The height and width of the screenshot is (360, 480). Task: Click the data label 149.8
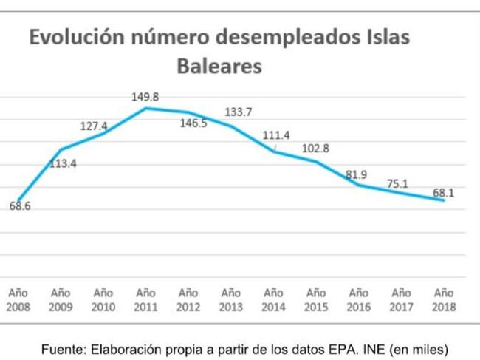(x=146, y=96)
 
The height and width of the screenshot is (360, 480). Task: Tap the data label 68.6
(x=20, y=206)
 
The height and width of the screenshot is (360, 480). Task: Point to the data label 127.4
(x=94, y=126)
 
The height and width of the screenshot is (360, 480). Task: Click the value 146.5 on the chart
(x=193, y=123)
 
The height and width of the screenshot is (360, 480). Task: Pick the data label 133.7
(x=238, y=112)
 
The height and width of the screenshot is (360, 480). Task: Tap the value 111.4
(x=277, y=135)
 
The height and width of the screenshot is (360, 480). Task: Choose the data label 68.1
(x=443, y=193)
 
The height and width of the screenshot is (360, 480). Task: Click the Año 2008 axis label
(x=18, y=299)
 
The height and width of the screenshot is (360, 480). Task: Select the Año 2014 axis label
(x=273, y=299)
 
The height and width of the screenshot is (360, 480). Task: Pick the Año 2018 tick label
(x=444, y=299)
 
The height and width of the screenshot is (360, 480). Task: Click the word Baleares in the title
(x=219, y=66)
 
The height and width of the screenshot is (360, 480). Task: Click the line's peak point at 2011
(x=145, y=108)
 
